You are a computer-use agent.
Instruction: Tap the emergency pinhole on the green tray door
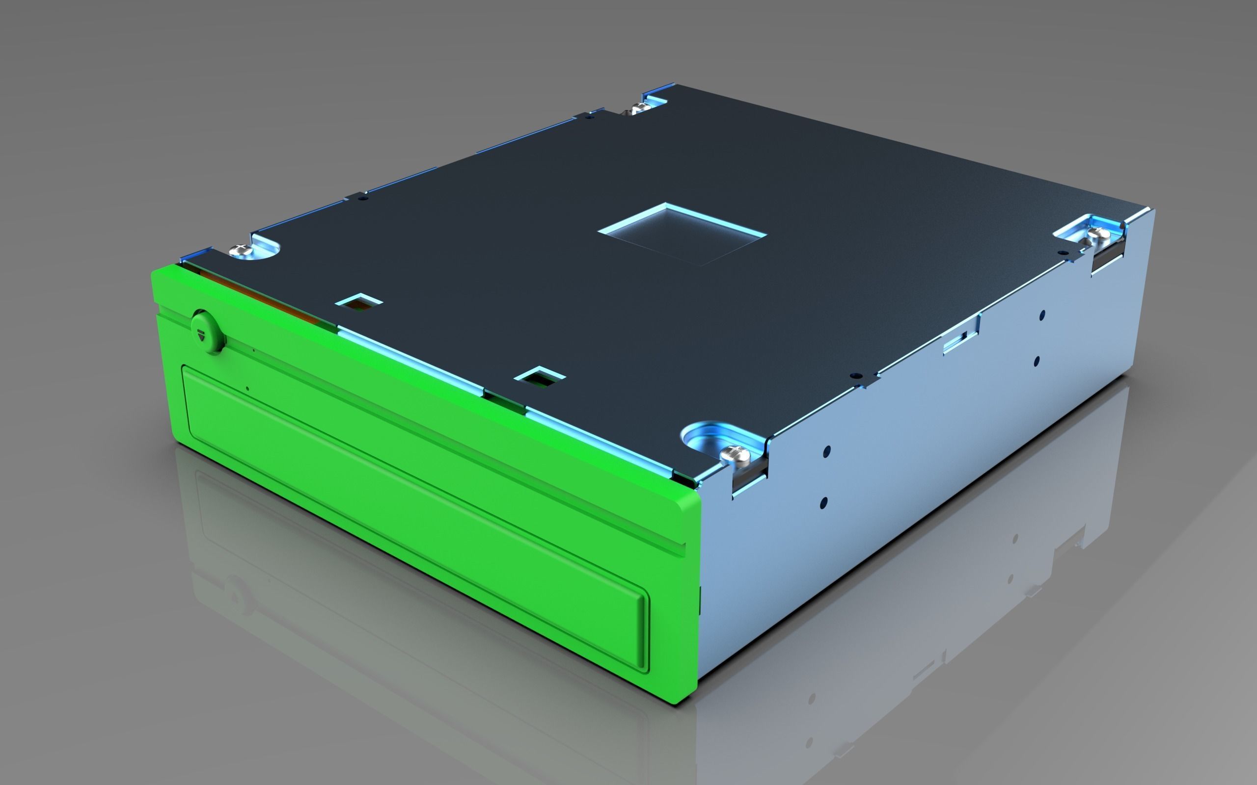click(x=247, y=388)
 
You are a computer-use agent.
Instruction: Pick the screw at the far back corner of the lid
click(x=637, y=108)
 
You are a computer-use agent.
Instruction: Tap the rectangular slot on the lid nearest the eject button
click(x=358, y=302)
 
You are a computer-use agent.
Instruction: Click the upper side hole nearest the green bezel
click(x=827, y=450)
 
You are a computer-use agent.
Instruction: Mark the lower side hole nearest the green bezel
click(x=824, y=502)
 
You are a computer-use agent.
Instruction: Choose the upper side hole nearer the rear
click(x=1042, y=315)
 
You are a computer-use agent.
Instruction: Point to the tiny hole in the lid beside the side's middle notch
click(x=853, y=375)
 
